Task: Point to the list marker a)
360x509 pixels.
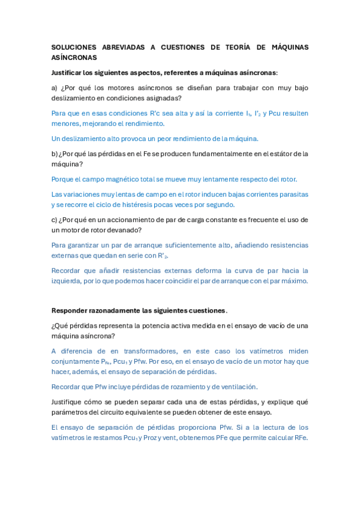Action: tap(55, 88)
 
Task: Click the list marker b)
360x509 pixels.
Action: tap(55, 154)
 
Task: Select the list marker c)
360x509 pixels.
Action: tap(55, 220)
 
